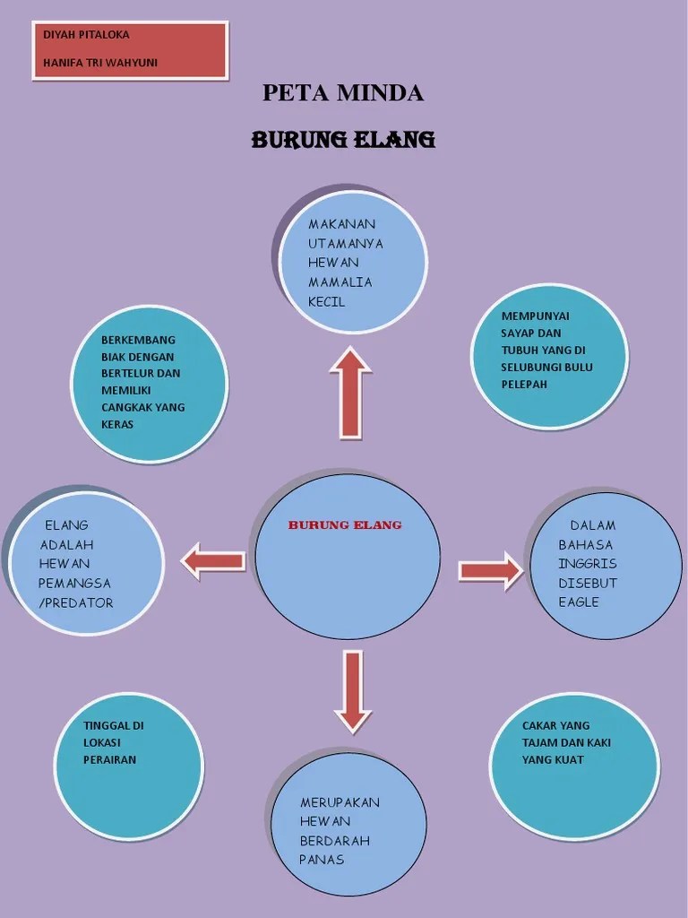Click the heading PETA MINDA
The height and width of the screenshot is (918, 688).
[343, 93]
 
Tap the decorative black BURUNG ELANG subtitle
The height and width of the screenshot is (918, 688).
[343, 140]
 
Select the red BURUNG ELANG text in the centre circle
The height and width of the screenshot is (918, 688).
[345, 525]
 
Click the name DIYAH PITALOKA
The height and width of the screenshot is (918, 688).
[86, 35]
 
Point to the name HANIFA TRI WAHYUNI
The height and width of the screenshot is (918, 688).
[100, 63]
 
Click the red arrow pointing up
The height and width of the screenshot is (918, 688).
[350, 392]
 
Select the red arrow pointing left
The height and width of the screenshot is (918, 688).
[213, 561]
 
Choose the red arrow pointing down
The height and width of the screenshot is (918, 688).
[353, 691]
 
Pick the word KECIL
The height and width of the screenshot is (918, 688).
[326, 302]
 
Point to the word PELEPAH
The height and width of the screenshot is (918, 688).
[523, 385]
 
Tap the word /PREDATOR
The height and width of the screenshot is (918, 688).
[76, 603]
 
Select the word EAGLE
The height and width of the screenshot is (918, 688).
[579, 602]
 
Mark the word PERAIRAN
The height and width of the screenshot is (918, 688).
[109, 760]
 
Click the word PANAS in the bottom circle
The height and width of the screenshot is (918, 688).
[322, 860]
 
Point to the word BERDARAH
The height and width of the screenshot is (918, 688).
[335, 841]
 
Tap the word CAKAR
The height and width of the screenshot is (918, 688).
[538, 726]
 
